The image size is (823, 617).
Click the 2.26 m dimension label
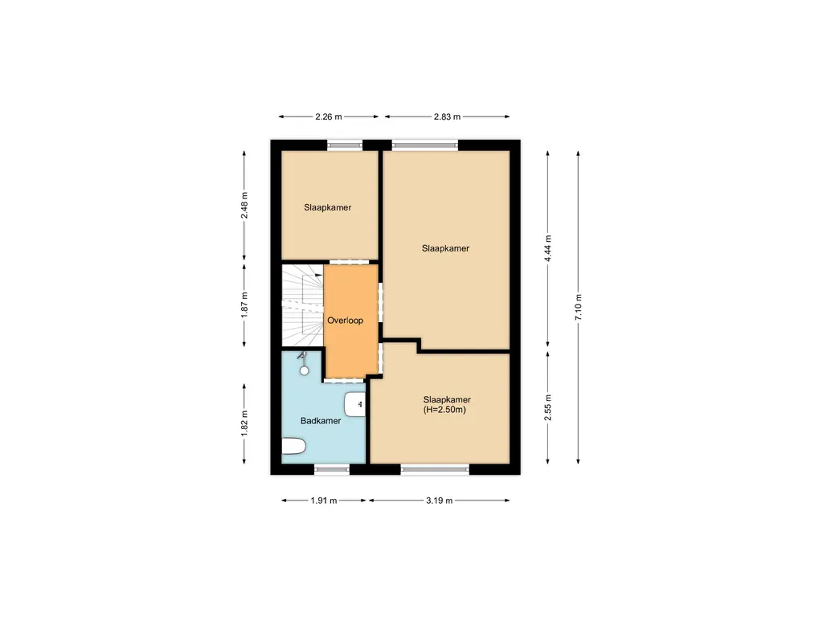point(328,116)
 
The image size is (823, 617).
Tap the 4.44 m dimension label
point(549,248)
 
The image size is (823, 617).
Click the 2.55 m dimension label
point(549,408)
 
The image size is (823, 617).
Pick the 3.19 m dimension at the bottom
point(439,501)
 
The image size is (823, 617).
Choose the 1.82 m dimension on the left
point(244,423)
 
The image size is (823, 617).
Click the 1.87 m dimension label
point(244,304)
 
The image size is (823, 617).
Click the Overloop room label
point(345,321)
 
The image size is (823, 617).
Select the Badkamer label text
point(321,421)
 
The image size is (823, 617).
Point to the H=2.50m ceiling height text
point(446,411)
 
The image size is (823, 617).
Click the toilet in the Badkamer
point(294,447)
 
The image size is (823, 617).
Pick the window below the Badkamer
point(332,469)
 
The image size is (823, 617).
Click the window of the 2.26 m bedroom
point(345,145)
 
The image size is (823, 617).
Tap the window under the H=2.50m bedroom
point(435,469)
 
